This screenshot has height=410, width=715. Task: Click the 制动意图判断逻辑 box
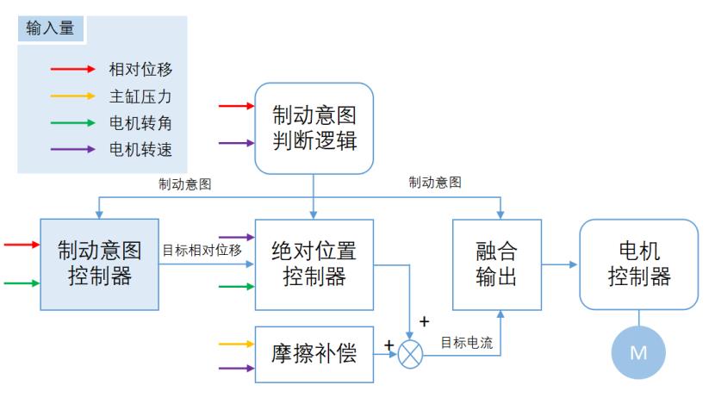(314, 127)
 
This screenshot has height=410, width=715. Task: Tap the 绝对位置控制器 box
(314, 264)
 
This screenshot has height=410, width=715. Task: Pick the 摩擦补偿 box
(314, 353)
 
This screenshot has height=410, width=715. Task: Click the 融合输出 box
(497, 264)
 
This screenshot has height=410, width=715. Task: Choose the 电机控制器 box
(638, 264)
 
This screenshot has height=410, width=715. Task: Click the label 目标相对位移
(202, 251)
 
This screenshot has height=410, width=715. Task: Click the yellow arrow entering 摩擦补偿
(237, 344)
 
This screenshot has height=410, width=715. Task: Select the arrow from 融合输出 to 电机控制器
(560, 264)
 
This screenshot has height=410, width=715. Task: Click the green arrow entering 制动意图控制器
(22, 283)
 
